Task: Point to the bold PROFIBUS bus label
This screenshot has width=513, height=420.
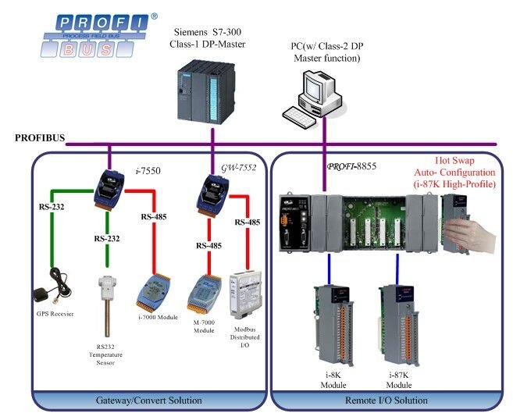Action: tap(40, 138)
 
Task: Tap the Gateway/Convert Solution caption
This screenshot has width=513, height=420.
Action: tap(149, 400)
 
